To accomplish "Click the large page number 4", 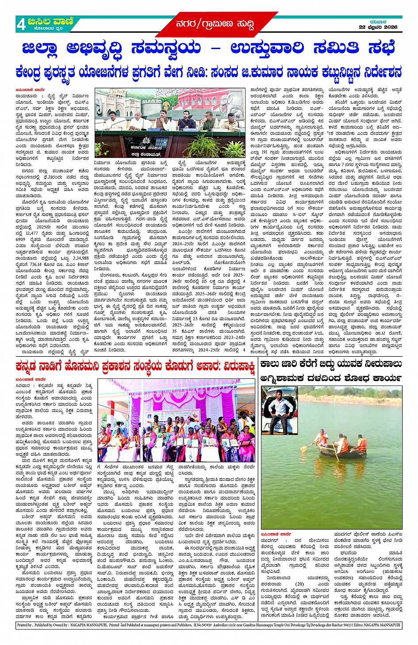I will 21,25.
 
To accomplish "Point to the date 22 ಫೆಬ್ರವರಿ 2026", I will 378,27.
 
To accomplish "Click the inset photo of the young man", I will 279,409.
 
